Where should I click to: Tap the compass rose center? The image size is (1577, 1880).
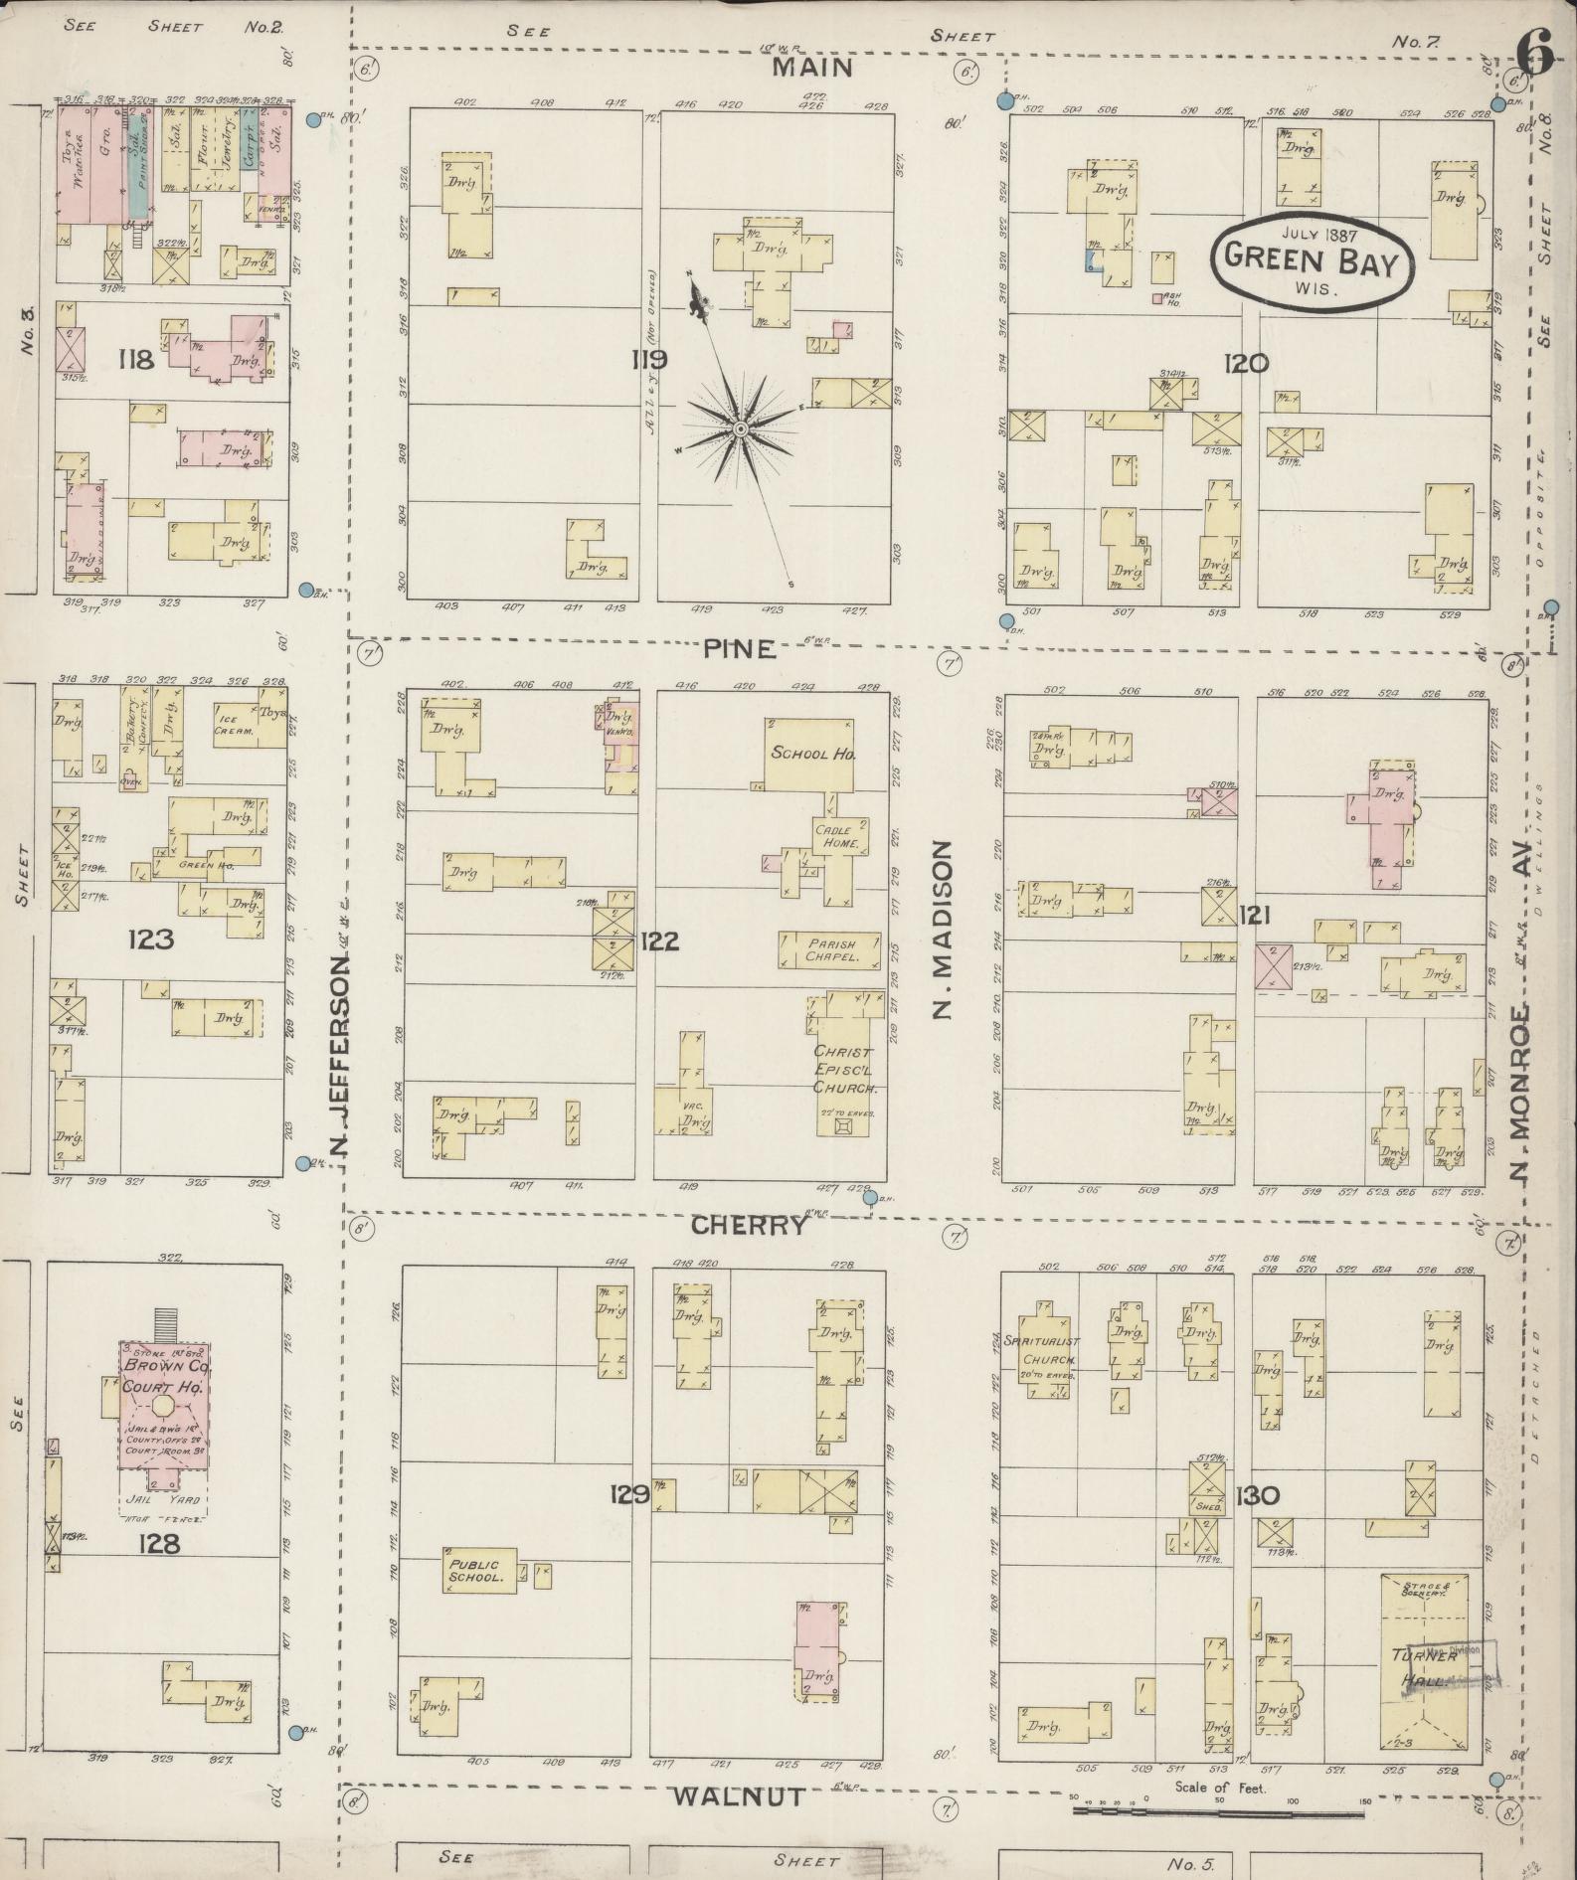coord(741,428)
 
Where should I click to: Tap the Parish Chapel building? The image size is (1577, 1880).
coord(830,949)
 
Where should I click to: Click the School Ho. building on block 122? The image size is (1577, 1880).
coord(813,754)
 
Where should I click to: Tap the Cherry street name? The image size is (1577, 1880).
coord(748,1225)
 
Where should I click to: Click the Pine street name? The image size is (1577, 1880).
coord(738,649)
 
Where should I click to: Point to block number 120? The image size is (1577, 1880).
coord(1246,364)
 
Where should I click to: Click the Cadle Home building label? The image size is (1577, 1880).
coord(839,837)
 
